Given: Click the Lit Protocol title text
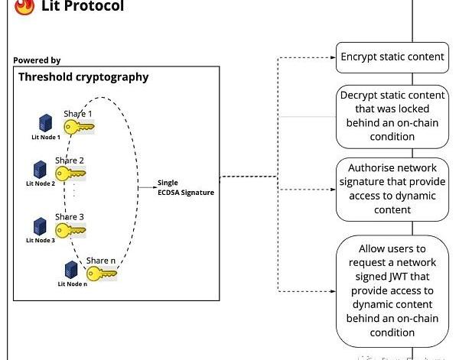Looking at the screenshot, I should (x=82, y=7).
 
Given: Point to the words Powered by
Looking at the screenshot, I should (x=37, y=60).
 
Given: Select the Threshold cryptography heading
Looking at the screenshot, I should (x=83, y=76).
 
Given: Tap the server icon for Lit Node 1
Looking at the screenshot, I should (x=45, y=122).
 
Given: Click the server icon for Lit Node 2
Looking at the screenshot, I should (x=40, y=169).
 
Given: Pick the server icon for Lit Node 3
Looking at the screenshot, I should (x=40, y=225).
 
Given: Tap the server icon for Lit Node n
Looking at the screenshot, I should (x=72, y=270).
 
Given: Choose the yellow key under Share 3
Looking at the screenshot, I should (x=70, y=229).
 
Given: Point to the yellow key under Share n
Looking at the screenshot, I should (x=102, y=273).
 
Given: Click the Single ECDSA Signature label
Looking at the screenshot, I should (x=186, y=187).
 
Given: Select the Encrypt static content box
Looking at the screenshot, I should (x=392, y=57).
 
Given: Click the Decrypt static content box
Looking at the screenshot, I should (x=392, y=116).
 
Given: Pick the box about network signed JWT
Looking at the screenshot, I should (x=392, y=290).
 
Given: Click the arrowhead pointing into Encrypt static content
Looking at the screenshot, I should (x=333, y=57).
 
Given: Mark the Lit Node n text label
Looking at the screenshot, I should (x=73, y=284).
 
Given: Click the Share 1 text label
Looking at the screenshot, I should (x=78, y=113).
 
